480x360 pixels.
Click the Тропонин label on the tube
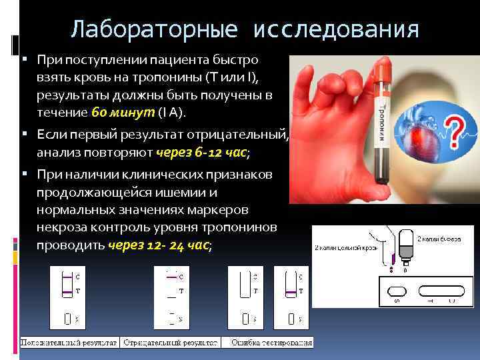click(391, 124)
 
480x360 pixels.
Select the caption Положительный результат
click(69, 342)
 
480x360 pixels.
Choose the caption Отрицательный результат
click(171, 342)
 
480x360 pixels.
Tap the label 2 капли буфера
click(438, 238)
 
